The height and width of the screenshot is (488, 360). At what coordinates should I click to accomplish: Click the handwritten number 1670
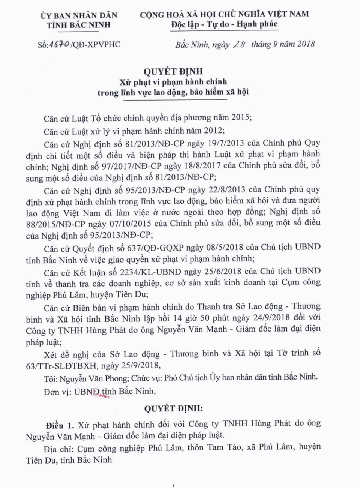(59, 44)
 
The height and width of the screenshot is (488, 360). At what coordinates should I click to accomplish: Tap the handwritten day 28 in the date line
(239, 44)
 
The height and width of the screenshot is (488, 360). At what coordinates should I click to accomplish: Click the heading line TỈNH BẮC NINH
(79, 25)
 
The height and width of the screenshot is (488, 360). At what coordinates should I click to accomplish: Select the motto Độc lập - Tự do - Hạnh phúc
(224, 24)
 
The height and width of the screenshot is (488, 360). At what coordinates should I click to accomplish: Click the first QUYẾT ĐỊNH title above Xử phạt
(173, 71)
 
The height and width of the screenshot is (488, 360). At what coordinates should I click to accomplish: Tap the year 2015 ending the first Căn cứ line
(240, 117)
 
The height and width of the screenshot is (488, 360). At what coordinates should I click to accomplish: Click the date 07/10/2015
(130, 224)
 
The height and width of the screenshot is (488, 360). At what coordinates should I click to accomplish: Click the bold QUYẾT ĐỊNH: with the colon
(173, 408)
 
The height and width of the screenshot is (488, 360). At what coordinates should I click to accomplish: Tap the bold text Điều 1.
(60, 425)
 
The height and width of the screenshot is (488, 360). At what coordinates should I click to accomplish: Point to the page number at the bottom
(173, 485)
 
